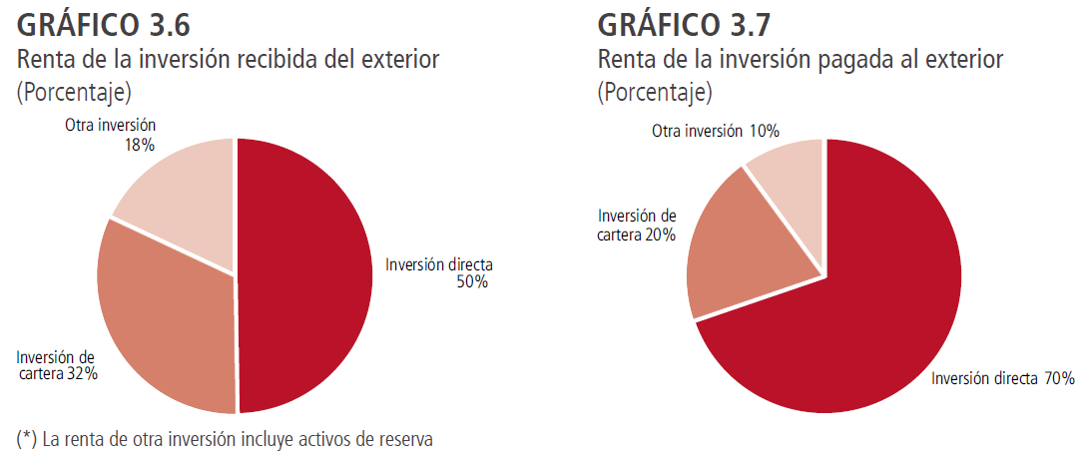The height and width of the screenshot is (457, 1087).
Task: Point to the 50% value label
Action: click(x=472, y=282)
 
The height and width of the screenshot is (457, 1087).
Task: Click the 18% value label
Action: click(x=139, y=145)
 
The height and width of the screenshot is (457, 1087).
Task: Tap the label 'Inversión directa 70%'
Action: click(x=1002, y=379)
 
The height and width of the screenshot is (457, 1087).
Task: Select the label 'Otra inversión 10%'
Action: click(x=715, y=131)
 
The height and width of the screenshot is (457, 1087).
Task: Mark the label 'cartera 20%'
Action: click(x=637, y=234)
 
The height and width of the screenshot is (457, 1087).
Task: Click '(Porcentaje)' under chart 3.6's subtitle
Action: click(x=75, y=93)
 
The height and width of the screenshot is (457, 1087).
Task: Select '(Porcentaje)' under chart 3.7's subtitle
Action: click(x=655, y=93)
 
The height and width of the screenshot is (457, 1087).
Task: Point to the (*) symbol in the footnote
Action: click(x=26, y=438)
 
